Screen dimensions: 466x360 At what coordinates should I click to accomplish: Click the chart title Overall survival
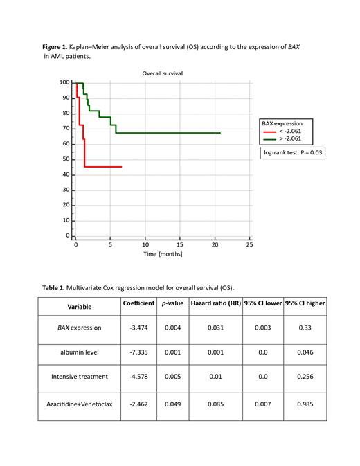(x=162, y=73)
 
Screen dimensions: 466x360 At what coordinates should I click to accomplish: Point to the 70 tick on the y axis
(x=65, y=129)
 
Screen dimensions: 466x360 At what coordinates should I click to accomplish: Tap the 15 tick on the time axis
(x=180, y=244)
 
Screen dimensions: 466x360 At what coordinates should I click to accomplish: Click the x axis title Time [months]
(x=163, y=254)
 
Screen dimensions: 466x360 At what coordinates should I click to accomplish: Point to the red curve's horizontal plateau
(x=104, y=167)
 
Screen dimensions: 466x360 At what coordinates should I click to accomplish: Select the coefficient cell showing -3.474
(x=138, y=328)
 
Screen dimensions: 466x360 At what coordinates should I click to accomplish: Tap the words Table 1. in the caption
(x=55, y=287)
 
